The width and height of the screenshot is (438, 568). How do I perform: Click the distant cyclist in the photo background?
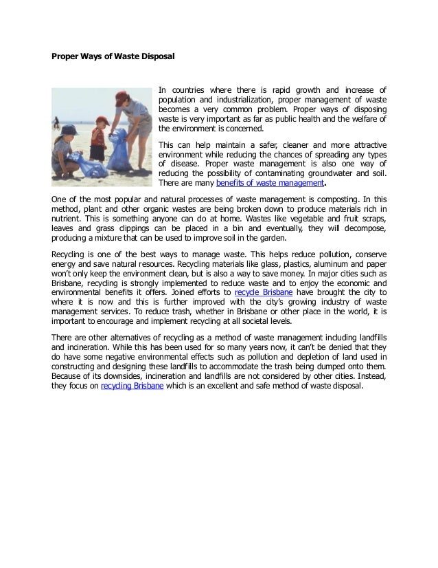(56, 122)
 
